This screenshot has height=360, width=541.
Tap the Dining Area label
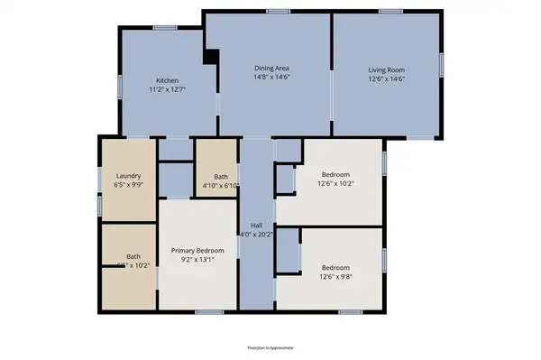pyautogui.click(x=270, y=68)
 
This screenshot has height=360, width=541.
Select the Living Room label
pyautogui.click(x=386, y=69)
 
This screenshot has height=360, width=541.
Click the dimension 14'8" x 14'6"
pyautogui.click(x=270, y=78)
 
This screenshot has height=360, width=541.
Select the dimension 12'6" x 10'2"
pyautogui.click(x=335, y=184)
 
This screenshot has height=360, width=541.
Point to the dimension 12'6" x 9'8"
pyautogui.click(x=335, y=278)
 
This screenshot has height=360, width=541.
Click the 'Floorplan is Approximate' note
pyautogui.click(x=270, y=347)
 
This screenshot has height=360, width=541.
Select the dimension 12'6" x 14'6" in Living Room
pyautogui.click(x=386, y=79)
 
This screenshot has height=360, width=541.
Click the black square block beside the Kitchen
pyautogui.click(x=211, y=58)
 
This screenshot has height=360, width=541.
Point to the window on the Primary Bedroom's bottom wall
pyautogui.click(x=208, y=312)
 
